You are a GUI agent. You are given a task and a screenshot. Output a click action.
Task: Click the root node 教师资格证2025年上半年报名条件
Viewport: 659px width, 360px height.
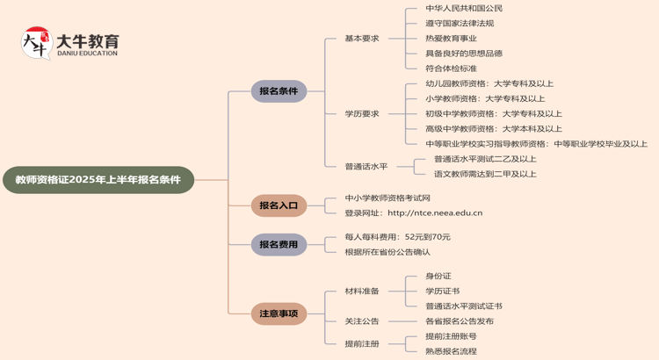[98, 180]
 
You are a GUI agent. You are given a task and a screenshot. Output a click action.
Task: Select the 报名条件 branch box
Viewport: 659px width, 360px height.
[279, 91]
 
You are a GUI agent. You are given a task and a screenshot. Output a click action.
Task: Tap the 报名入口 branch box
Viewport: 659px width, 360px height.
[279, 205]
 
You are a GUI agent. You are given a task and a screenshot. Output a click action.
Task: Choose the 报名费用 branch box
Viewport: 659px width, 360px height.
[279, 244]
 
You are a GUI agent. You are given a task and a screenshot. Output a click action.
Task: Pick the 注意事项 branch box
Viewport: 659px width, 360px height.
[279, 313]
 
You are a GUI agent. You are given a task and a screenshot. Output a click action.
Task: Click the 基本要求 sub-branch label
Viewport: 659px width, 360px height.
[362, 39]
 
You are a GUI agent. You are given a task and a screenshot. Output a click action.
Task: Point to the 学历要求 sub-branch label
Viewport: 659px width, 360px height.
[362, 113]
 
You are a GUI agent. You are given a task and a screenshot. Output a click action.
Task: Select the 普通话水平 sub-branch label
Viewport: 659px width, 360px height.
[366, 166]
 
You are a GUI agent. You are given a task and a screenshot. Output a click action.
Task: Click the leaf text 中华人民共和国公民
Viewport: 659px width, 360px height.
[464, 9]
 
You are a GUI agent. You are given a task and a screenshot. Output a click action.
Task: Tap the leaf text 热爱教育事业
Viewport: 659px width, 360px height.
[451, 39]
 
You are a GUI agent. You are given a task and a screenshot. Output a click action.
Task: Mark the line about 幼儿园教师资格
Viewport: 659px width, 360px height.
[489, 83]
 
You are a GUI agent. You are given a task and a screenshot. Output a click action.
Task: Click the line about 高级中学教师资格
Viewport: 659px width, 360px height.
[493, 128]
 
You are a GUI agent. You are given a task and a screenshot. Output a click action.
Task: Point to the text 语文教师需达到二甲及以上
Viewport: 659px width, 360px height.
[485, 174]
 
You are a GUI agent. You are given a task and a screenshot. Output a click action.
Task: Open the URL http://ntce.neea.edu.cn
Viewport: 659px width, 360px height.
[435, 212]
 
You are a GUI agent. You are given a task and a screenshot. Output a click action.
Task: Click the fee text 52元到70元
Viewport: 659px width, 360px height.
[427, 237]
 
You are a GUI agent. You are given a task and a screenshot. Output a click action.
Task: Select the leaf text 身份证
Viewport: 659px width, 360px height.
[438, 276]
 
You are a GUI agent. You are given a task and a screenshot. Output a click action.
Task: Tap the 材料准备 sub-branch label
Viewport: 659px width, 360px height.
[362, 291]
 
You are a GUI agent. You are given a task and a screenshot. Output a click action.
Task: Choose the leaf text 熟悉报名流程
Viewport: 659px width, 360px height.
[451, 351]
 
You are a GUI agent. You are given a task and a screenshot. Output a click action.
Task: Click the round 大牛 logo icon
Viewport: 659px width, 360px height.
[37, 43]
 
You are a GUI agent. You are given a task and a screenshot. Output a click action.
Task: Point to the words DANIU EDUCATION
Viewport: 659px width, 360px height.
[86, 54]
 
